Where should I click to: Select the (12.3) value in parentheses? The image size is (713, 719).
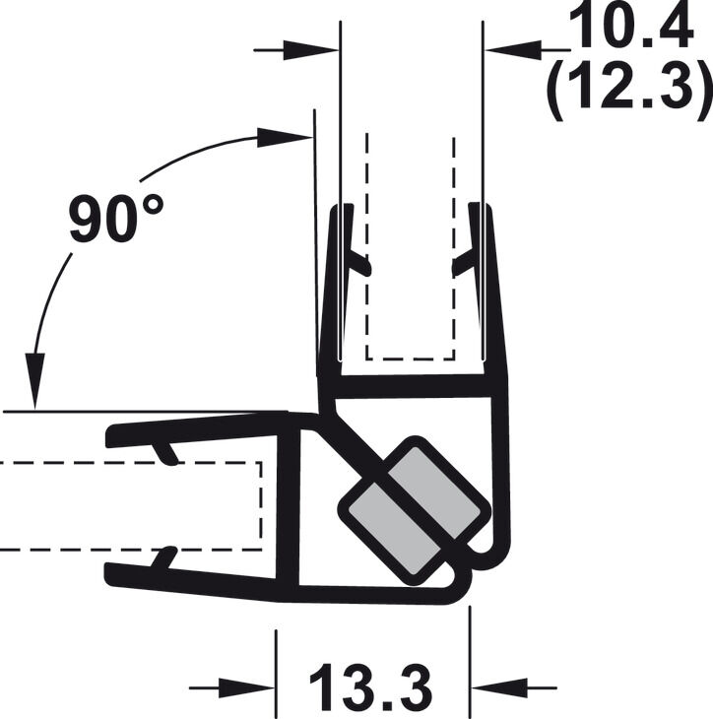click(629, 87)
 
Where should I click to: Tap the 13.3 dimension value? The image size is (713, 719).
click(371, 686)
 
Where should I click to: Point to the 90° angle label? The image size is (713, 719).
click(115, 218)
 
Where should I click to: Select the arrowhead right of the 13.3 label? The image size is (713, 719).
click(499, 687)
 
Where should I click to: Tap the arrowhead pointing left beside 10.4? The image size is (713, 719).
click(513, 49)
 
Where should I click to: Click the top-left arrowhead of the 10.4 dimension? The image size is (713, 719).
click(311, 50)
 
